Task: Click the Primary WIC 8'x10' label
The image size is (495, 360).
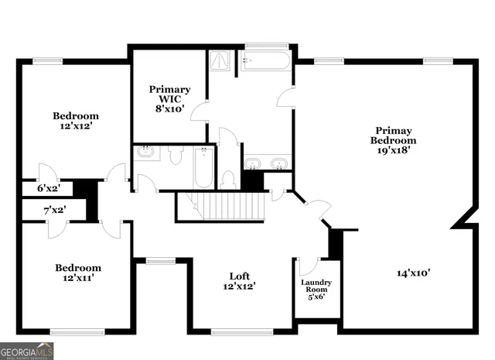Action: coord(169,99)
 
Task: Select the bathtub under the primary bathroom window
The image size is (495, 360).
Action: coord(265,61)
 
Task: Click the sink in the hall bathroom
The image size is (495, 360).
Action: coord(147,153)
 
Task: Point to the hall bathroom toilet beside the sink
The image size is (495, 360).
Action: coord(175,156)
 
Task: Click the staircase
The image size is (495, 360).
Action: coord(229,206)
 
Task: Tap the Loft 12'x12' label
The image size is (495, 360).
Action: coord(239,281)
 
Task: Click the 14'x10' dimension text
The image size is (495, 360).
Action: coord(414,273)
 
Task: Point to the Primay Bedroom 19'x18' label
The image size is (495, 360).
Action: coord(394,141)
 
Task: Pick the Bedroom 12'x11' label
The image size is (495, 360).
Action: coord(77,273)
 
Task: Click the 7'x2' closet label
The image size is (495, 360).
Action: coord(53,210)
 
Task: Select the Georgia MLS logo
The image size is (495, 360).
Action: coord(27,351)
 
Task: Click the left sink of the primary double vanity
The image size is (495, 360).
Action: coord(254,163)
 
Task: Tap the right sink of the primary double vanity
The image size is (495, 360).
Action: coord(279,163)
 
